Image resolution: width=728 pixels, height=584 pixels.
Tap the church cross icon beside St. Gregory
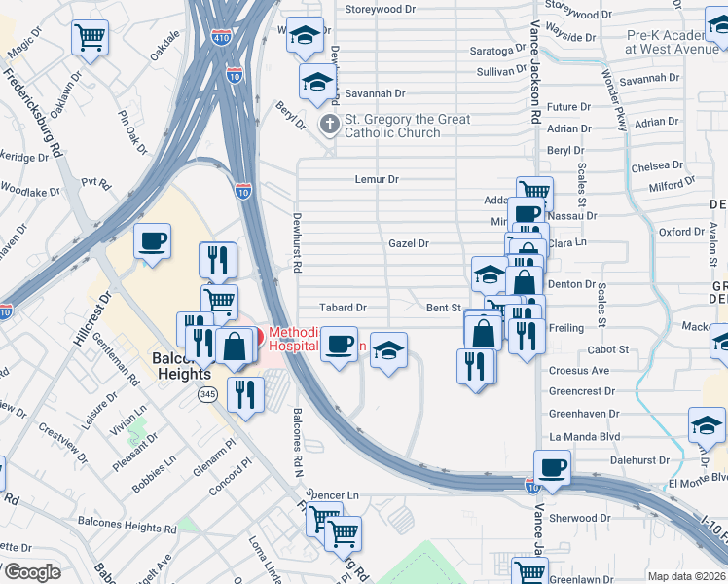click(x=330, y=124)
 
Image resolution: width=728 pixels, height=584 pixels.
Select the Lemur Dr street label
click(x=377, y=179)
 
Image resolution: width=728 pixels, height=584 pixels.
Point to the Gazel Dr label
click(x=409, y=243)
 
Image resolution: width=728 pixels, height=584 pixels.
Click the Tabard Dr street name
click(x=346, y=308)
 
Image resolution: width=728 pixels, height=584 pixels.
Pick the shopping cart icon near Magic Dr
click(x=90, y=39)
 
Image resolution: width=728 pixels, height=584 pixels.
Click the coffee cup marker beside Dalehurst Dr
click(x=554, y=466)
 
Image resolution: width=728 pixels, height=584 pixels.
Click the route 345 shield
click(x=207, y=394)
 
